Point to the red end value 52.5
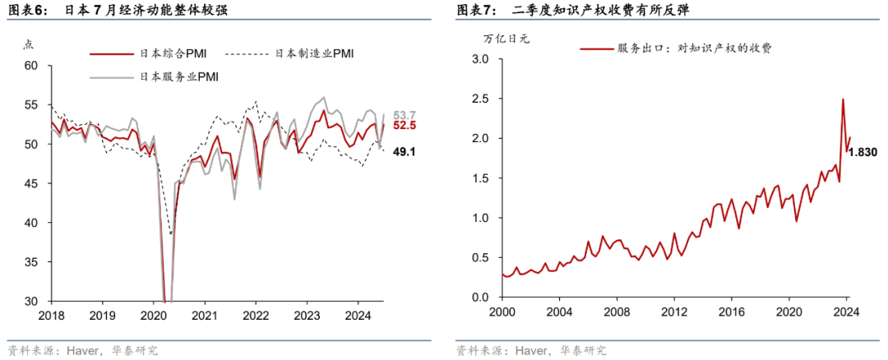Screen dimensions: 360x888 pyautogui.click(x=404, y=126)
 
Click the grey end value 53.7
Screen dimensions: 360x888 pyautogui.click(x=404, y=115)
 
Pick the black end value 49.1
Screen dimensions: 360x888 pyautogui.click(x=404, y=152)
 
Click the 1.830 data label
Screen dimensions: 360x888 pyautogui.click(x=862, y=152)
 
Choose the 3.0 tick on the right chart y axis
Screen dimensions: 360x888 pyautogui.click(x=481, y=60)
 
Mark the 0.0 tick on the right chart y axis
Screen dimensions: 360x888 pyautogui.click(x=481, y=298)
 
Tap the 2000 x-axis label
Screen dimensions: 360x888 pyautogui.click(x=501, y=312)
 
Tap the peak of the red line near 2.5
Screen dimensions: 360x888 pyautogui.click(x=843, y=99)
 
